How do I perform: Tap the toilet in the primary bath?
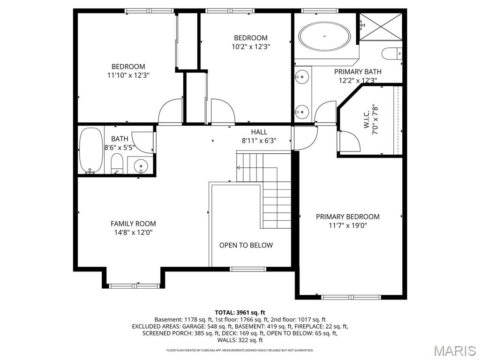click(x=392, y=54)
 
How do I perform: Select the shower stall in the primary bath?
click(x=380, y=27)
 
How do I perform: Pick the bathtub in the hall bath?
click(x=90, y=150)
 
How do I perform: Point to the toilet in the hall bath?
click(x=117, y=165)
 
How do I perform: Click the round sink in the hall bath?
click(x=140, y=165)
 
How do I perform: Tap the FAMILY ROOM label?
click(x=133, y=224)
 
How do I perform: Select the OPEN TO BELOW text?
click(x=246, y=245)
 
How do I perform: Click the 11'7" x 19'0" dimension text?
click(x=347, y=225)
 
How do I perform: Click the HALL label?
click(x=259, y=132)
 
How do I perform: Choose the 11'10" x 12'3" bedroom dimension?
click(x=128, y=75)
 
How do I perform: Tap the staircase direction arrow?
click(x=239, y=167)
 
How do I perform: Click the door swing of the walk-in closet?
click(x=350, y=142)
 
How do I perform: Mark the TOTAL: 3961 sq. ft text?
click(x=240, y=312)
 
